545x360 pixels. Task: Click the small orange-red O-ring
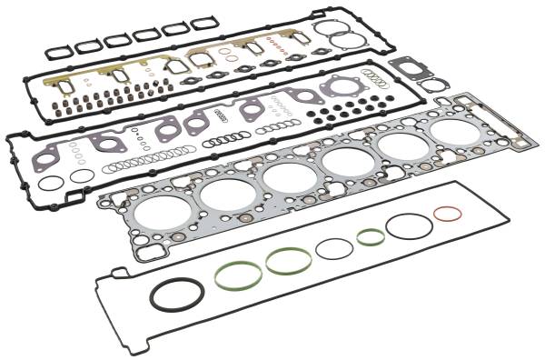[x=446, y=215]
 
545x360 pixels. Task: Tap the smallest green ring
[x=371, y=237]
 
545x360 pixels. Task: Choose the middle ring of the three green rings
[x=289, y=261]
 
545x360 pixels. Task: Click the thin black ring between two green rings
[x=334, y=248]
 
